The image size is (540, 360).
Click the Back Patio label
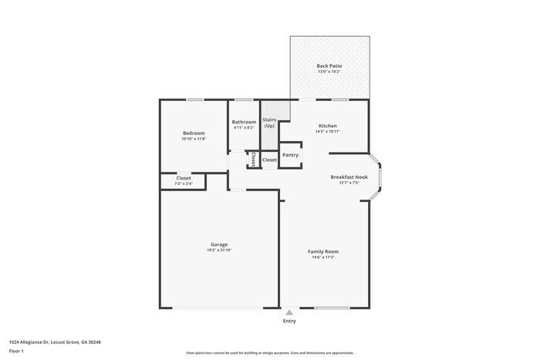tap(329, 66)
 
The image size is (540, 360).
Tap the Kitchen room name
tap(328, 126)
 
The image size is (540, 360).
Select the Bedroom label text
tap(194, 133)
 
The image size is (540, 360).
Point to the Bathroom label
tap(244, 122)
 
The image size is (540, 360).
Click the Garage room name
tap(219, 244)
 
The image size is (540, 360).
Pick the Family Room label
tap(323, 251)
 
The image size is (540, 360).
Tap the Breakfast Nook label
tap(349, 177)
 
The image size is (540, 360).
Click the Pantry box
tap(290, 155)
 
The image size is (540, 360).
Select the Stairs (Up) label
tap(269, 123)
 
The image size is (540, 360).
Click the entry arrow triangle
tap(289, 312)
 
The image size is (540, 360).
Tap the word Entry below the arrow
tap(289, 321)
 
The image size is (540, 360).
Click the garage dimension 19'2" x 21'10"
tap(219, 251)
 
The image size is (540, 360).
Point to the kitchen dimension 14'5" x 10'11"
tap(328, 132)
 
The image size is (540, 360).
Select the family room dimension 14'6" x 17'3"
tap(323, 257)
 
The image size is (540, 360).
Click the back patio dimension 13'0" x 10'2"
tap(329, 72)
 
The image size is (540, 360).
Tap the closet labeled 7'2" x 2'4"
tap(184, 183)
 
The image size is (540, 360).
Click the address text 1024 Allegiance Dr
tap(55, 341)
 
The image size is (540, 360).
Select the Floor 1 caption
tap(16, 352)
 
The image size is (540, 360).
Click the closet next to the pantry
tap(269, 160)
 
